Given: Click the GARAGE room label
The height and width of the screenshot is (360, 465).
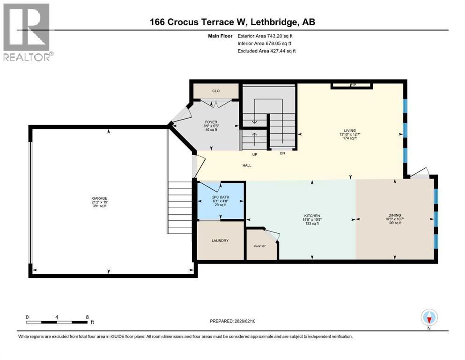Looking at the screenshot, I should coord(99,198).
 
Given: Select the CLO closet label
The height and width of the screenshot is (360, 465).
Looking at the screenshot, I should coord(216,91).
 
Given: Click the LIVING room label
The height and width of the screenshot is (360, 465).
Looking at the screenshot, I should coord(350,131).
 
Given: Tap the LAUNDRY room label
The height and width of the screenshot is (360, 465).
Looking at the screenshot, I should coord(220,240).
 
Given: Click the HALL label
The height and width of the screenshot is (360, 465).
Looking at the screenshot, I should coord(247,165).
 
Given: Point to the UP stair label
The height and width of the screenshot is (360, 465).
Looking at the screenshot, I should coord(254,154).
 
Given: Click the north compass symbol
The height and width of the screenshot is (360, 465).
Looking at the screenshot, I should coord(429,318).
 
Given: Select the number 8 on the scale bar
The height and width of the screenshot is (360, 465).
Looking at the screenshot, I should coord(87,317).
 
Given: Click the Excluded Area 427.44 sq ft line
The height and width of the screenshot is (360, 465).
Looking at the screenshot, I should coord(266,51).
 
